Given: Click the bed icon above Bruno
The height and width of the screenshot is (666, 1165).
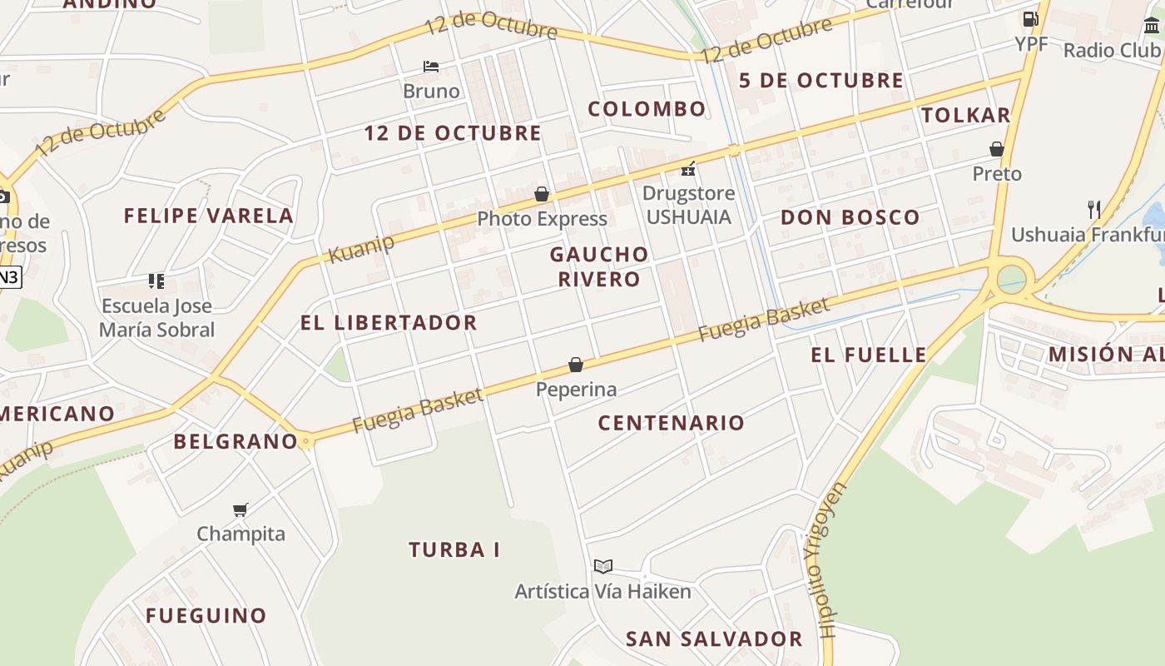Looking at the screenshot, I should tap(430, 66).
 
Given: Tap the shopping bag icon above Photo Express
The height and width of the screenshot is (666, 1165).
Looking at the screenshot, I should tap(542, 194).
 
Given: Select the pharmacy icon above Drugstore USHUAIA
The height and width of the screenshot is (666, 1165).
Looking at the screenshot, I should tap(688, 169).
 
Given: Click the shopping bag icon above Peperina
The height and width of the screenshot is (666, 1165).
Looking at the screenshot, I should tap(575, 365).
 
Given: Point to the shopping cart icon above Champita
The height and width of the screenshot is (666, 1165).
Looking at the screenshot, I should tap(240, 509).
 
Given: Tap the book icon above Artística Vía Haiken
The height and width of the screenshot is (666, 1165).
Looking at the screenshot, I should tap(603, 566).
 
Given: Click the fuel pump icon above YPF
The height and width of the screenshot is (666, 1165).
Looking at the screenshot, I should tap(1030, 18).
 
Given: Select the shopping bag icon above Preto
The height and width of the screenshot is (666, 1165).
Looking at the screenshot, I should tap(996, 149).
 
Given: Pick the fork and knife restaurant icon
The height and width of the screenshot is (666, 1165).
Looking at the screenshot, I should tap(1094, 209).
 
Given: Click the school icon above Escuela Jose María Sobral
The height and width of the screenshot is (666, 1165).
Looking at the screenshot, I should tap(156, 281).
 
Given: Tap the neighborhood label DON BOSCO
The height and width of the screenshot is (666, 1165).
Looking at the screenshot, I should tap(850, 218).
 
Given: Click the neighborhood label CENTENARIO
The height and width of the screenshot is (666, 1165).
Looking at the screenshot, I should tap(672, 423).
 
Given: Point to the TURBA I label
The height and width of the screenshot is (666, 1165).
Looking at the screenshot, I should tap(454, 549).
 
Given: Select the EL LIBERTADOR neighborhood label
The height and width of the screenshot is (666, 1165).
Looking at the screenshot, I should tap(389, 323).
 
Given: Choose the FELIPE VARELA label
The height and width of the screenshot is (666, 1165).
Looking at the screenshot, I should tap(209, 216).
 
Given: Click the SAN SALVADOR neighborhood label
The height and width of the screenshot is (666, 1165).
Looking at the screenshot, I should tap(714, 639).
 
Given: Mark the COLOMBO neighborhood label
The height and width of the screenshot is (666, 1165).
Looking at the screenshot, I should tap(647, 109).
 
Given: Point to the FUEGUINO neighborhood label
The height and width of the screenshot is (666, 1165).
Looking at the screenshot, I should tap(206, 616).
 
